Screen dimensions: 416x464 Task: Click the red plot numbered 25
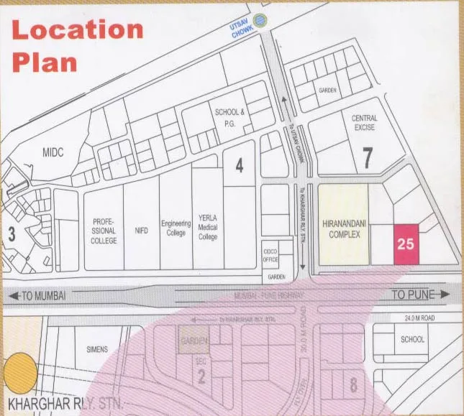click(x=406, y=244)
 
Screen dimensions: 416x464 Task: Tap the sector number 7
click(x=368, y=158)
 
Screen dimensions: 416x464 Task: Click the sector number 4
click(x=240, y=165)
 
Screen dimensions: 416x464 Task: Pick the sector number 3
click(x=12, y=234)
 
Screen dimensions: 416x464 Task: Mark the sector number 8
click(x=353, y=385)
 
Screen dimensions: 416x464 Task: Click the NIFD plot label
click(x=141, y=231)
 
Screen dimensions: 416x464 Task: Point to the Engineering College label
click(x=176, y=228)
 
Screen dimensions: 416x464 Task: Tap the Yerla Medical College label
click(x=207, y=227)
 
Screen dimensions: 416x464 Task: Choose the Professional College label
click(x=104, y=231)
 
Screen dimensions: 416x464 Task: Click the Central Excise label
click(x=364, y=123)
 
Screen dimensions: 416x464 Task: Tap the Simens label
click(x=96, y=349)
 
